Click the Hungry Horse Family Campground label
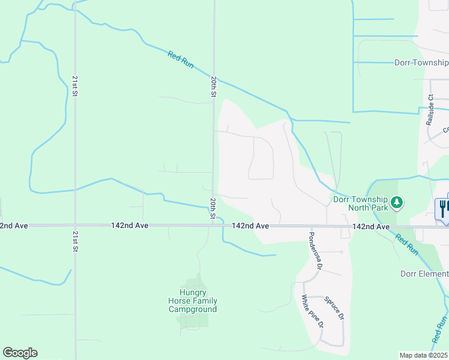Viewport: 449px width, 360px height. tap(193, 301)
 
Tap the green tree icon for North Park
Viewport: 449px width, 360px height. tap(396, 203)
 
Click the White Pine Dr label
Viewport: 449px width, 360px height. tap(313, 311)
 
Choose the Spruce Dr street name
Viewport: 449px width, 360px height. tap(334, 308)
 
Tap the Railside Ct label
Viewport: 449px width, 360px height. tap(430, 109)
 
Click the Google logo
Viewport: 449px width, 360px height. tap(20, 353)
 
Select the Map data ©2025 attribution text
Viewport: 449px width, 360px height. tap(424, 355)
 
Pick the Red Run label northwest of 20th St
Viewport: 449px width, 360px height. tap(181, 59)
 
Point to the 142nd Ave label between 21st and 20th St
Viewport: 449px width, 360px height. tap(130, 226)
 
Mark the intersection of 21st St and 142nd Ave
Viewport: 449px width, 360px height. tap(74, 226)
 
